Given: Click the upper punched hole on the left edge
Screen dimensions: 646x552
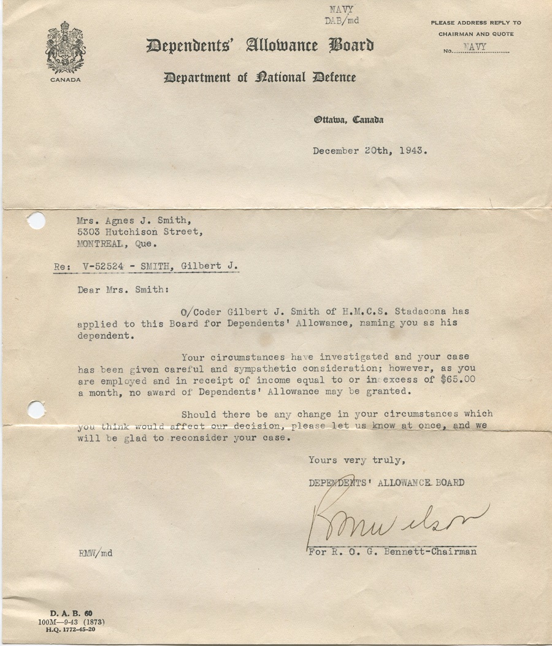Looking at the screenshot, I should [x=36, y=220].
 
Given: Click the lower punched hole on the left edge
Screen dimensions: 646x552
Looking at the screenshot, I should [x=36, y=409].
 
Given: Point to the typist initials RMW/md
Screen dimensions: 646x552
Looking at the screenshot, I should [x=95, y=553].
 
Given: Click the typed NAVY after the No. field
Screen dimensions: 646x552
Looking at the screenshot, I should [x=476, y=47].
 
